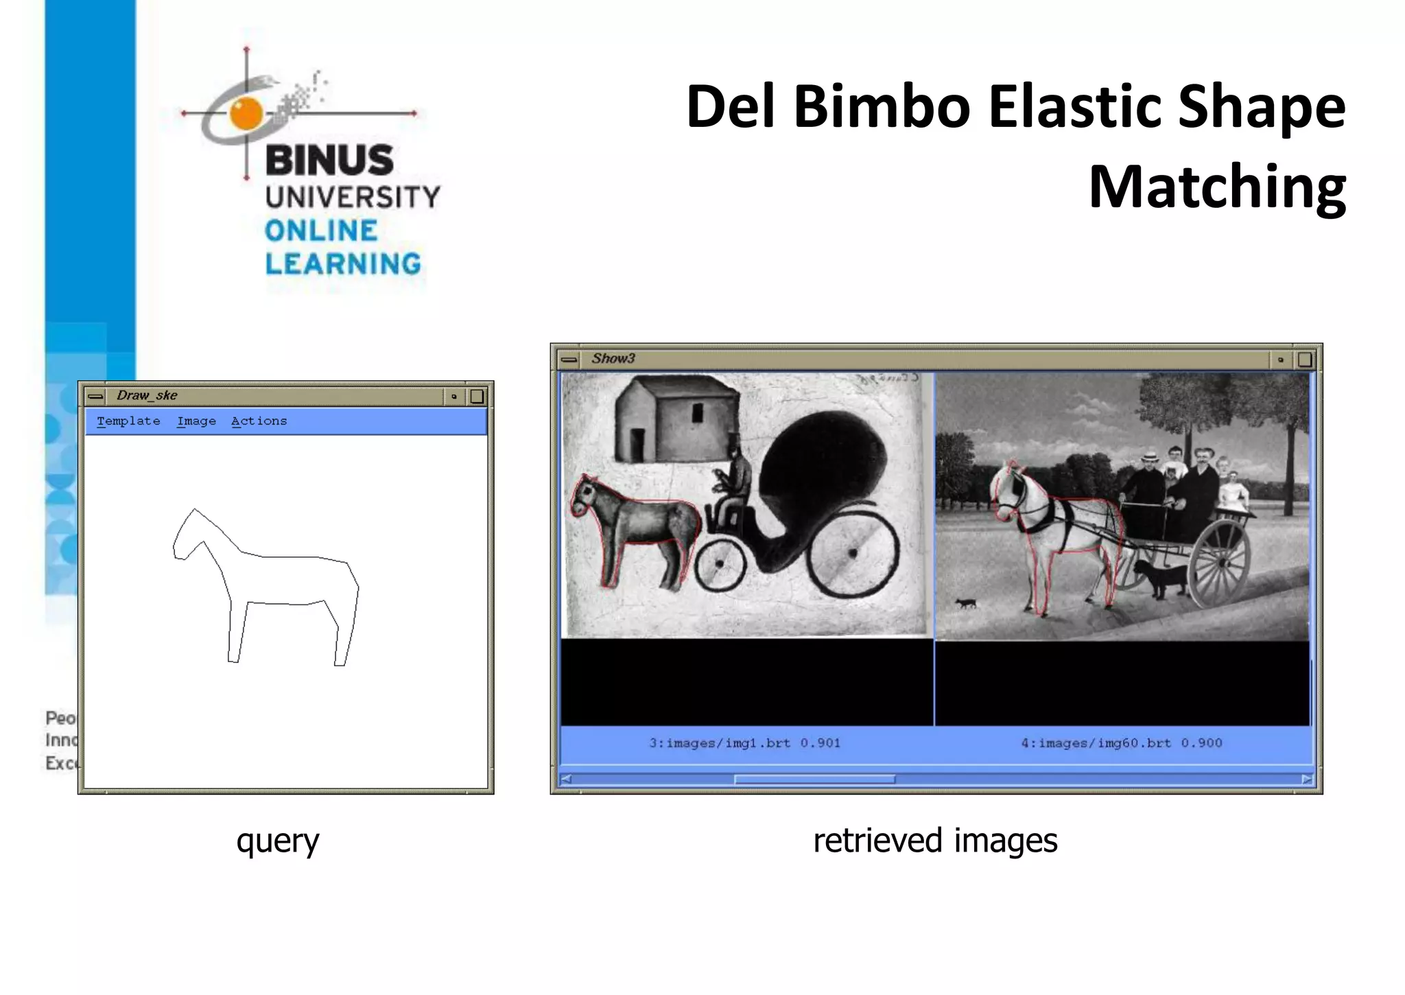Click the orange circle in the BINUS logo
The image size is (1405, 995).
pyautogui.click(x=246, y=113)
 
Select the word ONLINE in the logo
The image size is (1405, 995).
pyautogui.click(x=321, y=231)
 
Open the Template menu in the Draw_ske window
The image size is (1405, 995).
pyautogui.click(x=128, y=421)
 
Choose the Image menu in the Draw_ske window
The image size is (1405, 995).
pyautogui.click(x=196, y=421)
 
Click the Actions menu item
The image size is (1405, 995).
pyautogui.click(x=259, y=421)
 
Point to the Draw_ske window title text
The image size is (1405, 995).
pyautogui.click(x=147, y=395)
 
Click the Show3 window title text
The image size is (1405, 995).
pyautogui.click(x=613, y=358)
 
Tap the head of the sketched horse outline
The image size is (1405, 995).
pyautogui.click(x=185, y=535)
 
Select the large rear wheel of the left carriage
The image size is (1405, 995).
pyautogui.click(x=853, y=552)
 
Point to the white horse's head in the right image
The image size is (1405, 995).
pyautogui.click(x=1008, y=494)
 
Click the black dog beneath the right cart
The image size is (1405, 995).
pyautogui.click(x=1159, y=576)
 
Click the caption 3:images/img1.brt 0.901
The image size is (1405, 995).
pyautogui.click(x=744, y=743)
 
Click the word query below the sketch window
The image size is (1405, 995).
pyautogui.click(x=278, y=841)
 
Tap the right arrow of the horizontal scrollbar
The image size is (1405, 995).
pyautogui.click(x=1306, y=780)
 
